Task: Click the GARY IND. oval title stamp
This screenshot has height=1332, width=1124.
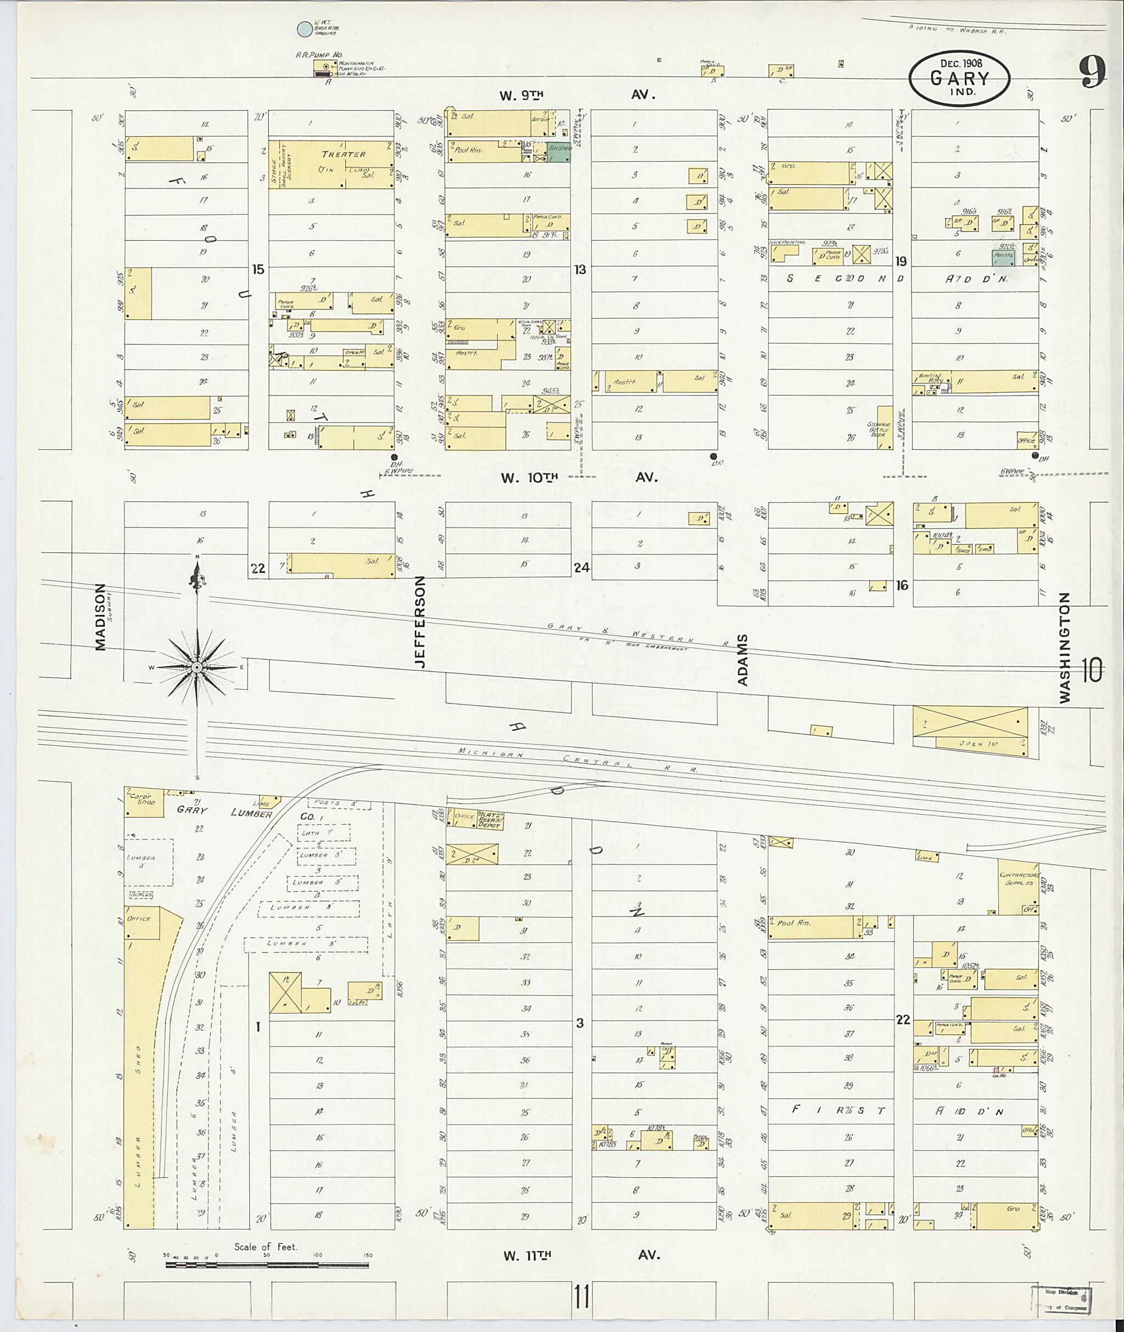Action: tap(959, 78)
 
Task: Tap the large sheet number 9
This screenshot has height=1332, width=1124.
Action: tap(1092, 73)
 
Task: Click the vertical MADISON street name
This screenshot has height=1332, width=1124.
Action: tap(100, 617)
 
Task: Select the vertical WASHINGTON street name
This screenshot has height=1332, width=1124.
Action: tap(1065, 648)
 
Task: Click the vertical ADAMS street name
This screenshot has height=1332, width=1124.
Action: tap(743, 660)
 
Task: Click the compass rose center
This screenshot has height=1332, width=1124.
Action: tap(197, 667)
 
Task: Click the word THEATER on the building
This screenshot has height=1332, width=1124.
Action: tap(344, 155)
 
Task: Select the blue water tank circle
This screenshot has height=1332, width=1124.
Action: tap(305, 28)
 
